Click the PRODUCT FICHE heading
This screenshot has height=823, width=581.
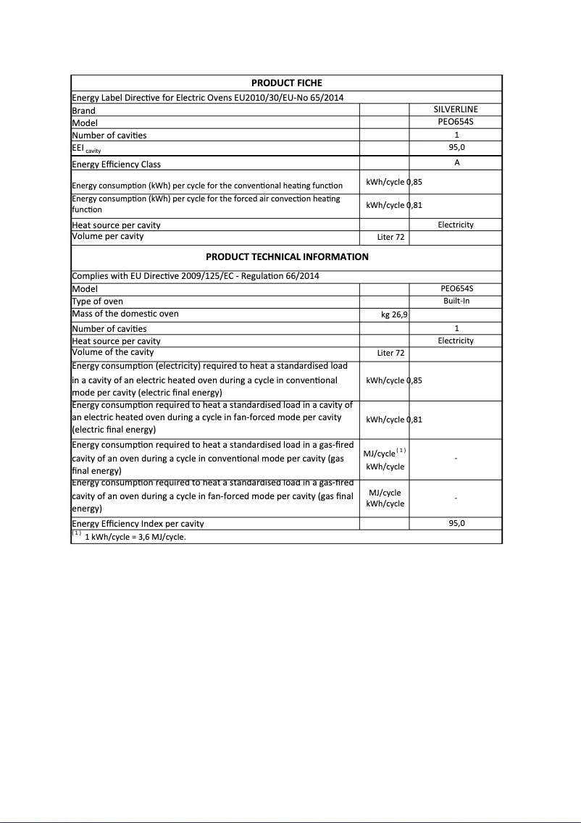(286, 83)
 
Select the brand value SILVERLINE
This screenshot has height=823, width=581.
(456, 109)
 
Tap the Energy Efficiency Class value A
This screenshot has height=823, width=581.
(456, 163)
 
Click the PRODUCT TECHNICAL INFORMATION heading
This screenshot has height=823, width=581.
(287, 256)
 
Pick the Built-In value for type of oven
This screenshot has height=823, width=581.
(456, 301)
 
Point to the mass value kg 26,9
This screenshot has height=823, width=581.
(394, 315)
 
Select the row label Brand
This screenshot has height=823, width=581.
(84, 111)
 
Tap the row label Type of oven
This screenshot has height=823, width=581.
(98, 301)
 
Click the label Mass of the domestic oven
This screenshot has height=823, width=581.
(125, 314)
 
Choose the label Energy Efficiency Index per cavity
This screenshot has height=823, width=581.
(138, 523)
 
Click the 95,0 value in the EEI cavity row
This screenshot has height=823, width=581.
(456, 147)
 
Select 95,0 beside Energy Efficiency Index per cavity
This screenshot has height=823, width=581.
(456, 522)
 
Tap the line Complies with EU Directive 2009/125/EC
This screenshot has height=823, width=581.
(195, 275)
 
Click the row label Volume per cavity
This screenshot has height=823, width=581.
(108, 236)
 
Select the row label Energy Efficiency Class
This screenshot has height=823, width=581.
(117, 164)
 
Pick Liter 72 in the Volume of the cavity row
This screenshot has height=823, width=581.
(390, 353)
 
